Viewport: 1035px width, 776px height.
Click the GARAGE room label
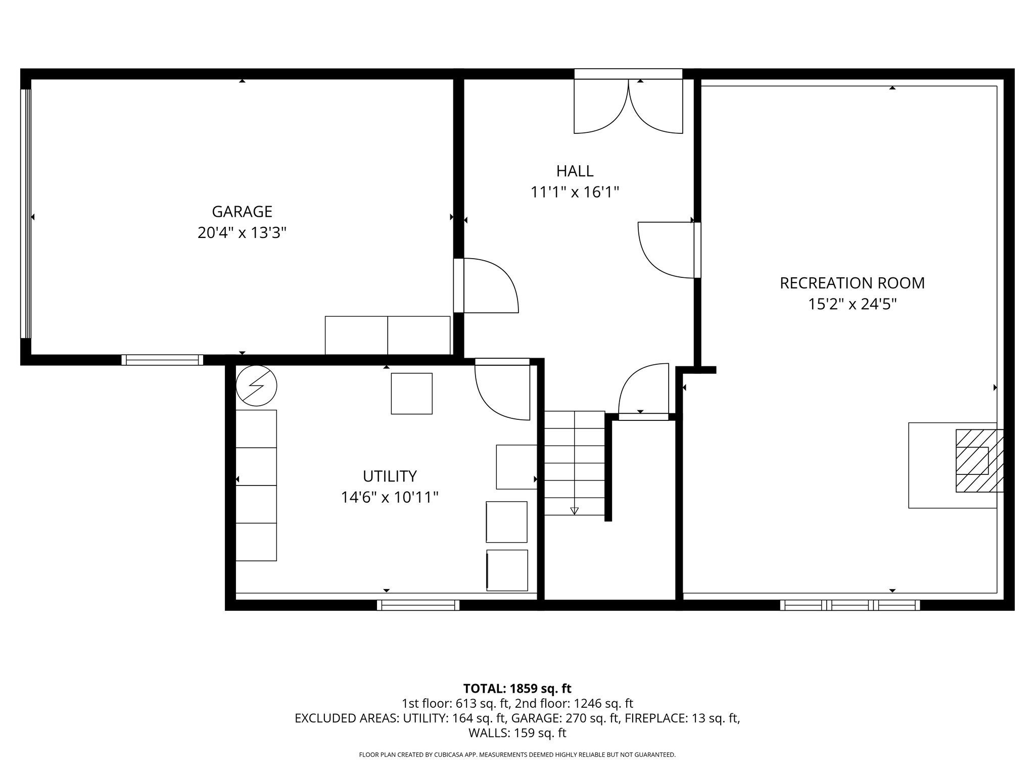[242, 211]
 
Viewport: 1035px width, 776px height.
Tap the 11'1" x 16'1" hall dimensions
[575, 192]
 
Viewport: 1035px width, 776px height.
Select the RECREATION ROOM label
[852, 283]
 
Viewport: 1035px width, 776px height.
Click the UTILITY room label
[390, 476]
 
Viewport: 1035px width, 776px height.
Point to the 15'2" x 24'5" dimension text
[852, 305]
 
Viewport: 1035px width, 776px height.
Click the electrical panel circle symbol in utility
[257, 385]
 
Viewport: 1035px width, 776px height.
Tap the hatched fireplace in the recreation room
[978, 460]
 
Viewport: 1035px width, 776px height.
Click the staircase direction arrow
[574, 511]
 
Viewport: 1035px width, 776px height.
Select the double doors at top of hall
[628, 106]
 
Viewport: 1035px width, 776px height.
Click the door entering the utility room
[502, 389]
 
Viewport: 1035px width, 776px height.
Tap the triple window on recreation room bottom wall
[850, 605]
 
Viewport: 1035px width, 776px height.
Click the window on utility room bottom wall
[418, 605]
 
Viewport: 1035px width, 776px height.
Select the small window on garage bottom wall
[162, 360]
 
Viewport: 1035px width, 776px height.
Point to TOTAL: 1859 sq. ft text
[517, 688]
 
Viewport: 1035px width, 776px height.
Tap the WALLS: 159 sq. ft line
[517, 733]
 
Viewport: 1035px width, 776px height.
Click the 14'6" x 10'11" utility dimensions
[390, 498]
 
